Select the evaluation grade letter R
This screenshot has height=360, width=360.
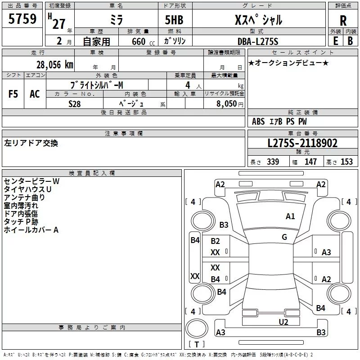(x=343, y=21)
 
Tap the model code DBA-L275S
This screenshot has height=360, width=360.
(x=257, y=41)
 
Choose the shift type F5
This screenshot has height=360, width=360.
(x=13, y=94)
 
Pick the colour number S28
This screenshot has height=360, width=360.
(x=75, y=103)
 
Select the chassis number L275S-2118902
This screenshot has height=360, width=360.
(x=302, y=143)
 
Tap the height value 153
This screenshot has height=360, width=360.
(x=346, y=162)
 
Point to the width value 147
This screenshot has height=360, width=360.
(x=310, y=162)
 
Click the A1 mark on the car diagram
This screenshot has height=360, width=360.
(x=290, y=216)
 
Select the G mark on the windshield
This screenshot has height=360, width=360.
(x=284, y=237)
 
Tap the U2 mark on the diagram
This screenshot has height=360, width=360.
(x=283, y=321)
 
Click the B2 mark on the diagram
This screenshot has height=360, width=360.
(x=216, y=241)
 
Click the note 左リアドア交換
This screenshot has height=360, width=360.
(x=31, y=143)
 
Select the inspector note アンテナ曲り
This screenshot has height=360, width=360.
(x=24, y=197)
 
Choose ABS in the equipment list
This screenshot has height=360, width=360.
(x=258, y=121)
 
